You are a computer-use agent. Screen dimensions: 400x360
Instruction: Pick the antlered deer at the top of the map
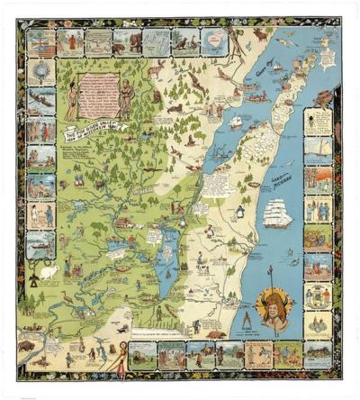(157, 68)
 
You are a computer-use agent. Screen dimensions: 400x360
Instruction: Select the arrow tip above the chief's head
(270, 268)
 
